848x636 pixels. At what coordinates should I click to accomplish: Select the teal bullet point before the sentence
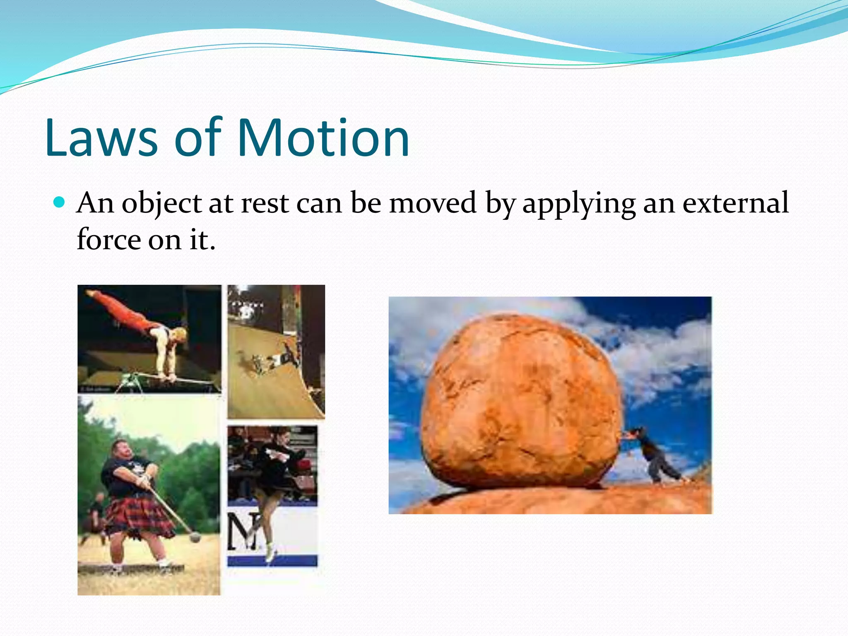pos(60,202)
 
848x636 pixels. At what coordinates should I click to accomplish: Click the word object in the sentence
pos(161,204)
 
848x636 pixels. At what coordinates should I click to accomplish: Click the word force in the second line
pos(108,239)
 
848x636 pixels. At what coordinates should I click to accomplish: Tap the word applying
pos(578,204)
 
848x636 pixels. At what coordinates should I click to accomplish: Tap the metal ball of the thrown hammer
pos(195,537)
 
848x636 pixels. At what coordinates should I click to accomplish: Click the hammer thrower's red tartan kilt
pos(139,516)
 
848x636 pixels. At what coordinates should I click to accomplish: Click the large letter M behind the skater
pos(242,532)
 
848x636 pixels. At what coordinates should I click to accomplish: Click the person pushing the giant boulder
pos(654,453)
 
